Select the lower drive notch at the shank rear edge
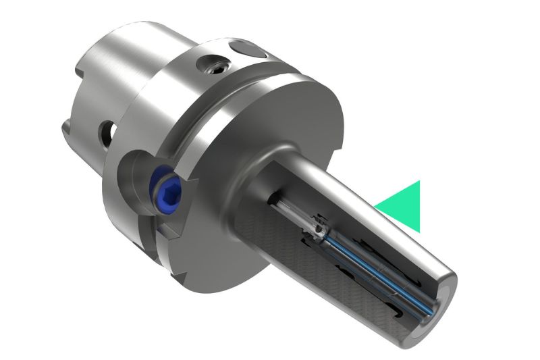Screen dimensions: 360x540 pyautogui.click(x=66, y=125)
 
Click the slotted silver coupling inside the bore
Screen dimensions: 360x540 pyautogui.click(x=317, y=230)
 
